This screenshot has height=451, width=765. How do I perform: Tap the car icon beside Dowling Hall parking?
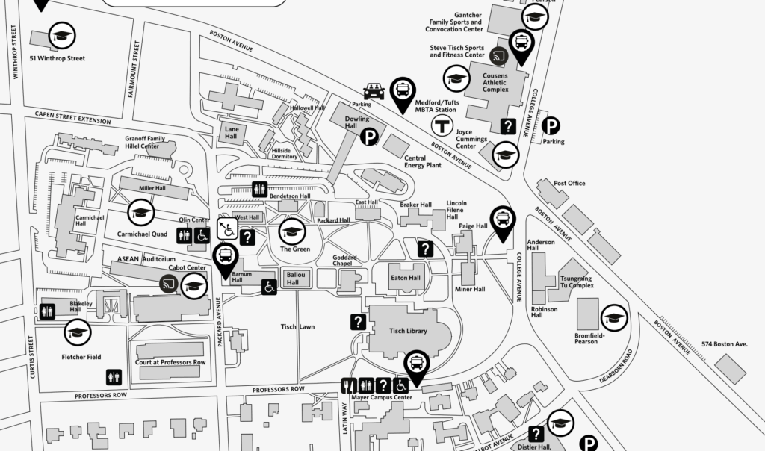click(374, 91)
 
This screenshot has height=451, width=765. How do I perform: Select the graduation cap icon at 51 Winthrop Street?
click(62, 35)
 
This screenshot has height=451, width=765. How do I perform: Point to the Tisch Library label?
click(408, 331)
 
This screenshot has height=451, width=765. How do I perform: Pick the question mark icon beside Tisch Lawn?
click(359, 322)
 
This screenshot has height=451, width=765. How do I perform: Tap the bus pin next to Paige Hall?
click(503, 220)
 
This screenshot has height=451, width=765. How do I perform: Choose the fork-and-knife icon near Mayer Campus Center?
click(348, 385)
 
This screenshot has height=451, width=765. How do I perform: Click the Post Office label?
click(569, 183)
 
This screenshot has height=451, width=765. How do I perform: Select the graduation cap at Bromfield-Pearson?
click(614, 317)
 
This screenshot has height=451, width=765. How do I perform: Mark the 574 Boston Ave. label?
click(725, 344)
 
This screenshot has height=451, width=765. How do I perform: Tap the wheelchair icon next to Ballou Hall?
click(269, 286)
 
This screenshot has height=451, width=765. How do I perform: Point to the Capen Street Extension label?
click(72, 116)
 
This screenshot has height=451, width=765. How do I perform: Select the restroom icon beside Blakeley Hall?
click(47, 311)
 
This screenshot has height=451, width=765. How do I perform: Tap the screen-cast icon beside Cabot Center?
click(170, 284)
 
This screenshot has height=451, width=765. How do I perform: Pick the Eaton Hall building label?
click(406, 278)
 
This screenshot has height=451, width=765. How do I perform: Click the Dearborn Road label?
click(614, 366)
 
